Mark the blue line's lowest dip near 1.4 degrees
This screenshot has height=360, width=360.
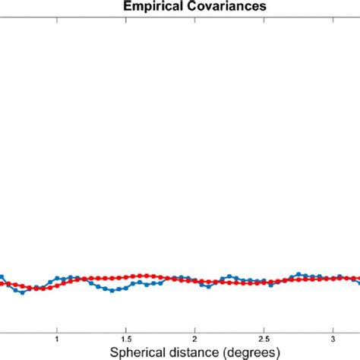112,291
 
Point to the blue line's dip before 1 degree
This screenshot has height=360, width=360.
22,292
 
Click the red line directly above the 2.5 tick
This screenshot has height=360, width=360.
264,283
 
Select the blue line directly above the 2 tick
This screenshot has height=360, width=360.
195,280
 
